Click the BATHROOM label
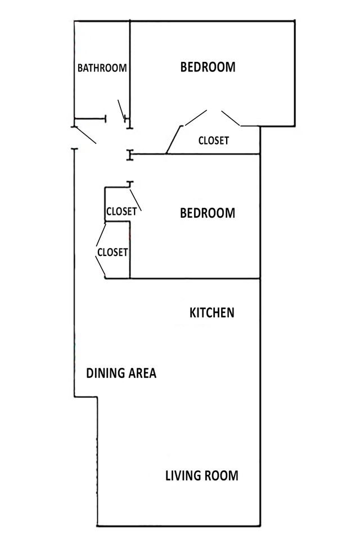pos(102,68)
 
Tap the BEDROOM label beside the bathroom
pos(208,67)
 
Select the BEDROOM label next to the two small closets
pos(207,214)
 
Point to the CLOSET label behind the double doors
pos(214,141)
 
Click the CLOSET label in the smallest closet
pos(121,212)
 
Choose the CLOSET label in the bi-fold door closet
pos(112,253)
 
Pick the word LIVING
pos(184,476)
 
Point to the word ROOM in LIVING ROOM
pos(222,476)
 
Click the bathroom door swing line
pos(121,109)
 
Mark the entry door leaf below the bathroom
pos(84,135)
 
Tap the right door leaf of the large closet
pos(231,118)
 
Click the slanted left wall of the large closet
pos(173,140)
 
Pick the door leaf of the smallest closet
pos(136,201)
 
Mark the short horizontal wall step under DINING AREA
pos(86,398)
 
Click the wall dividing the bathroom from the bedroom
pos(130,67)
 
